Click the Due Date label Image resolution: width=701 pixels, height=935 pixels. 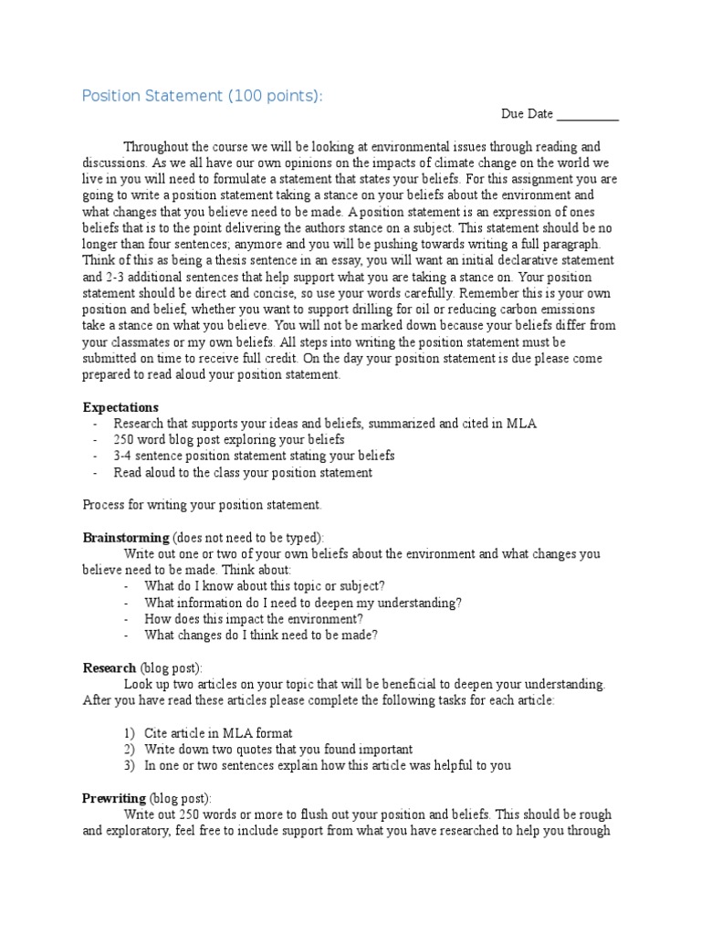pyautogui.click(x=527, y=114)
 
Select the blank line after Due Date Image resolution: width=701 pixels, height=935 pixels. pyautogui.click(x=588, y=116)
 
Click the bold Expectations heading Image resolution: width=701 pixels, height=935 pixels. pyautogui.click(x=120, y=407)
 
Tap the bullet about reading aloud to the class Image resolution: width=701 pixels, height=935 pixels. pyautogui.click(x=243, y=473)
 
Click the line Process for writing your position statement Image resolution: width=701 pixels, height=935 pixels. pyautogui.click(x=202, y=505)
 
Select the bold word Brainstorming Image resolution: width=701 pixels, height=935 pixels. pyautogui.click(x=126, y=538)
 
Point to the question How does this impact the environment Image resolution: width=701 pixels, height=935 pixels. pyautogui.click(x=254, y=619)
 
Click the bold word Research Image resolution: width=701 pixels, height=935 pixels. pyautogui.click(x=110, y=667)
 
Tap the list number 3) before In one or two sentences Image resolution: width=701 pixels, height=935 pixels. pyautogui.click(x=129, y=765)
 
